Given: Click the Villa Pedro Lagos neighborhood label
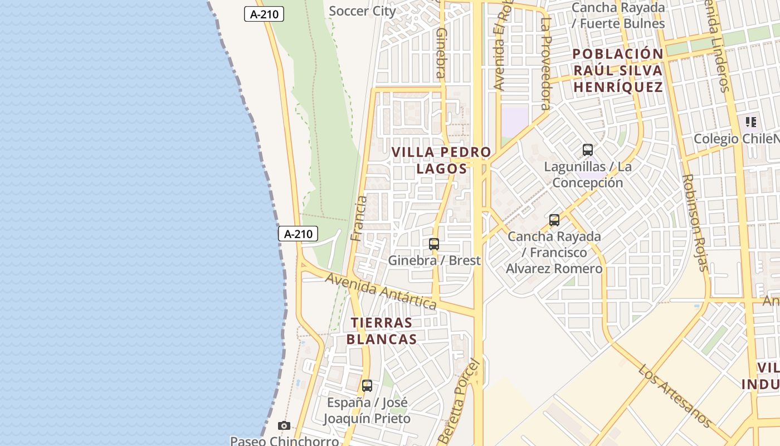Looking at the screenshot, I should pos(441,160).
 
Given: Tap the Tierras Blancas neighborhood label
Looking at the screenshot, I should pos(382,331).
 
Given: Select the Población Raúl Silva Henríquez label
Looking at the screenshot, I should pos(618,71).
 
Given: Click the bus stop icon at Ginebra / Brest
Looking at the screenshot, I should pos(434,244).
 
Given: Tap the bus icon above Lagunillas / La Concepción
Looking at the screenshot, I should pos(588,150).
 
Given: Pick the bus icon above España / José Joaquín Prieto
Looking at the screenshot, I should pos(367,386).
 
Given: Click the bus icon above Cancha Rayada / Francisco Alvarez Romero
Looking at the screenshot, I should pos(554,220).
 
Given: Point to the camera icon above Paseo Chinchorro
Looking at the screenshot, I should pos(284,426).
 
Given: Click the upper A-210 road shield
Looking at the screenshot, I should pos(264,14).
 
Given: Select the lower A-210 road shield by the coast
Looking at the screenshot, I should pos(298,234).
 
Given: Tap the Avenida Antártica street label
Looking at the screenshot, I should pos(381,290).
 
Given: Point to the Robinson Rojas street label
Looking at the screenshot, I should pos(695,222).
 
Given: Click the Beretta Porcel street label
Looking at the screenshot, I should pos(459,401).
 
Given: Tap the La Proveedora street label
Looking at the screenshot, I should pos(545,64).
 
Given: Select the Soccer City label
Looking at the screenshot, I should pos(362,11).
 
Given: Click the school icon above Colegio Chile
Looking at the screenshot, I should pos(751,122).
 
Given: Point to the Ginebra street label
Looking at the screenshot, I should pos(440,53).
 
